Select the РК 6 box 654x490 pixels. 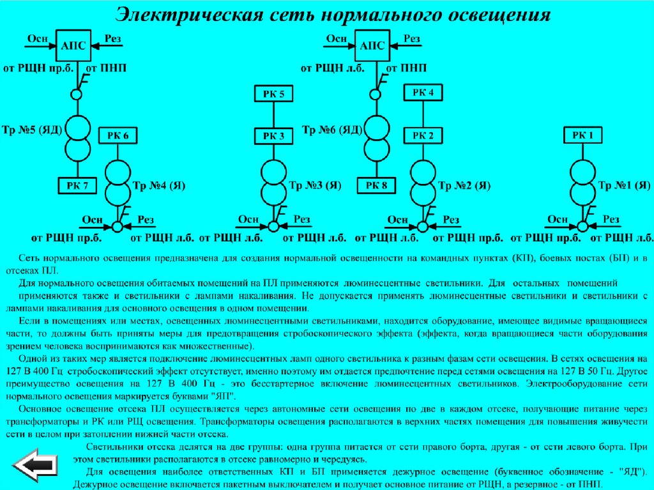coord(118,136)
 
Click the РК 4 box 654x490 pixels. coord(423,93)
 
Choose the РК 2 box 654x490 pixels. coord(423,135)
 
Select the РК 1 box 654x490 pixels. coord(582,135)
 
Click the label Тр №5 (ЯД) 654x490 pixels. coord(32,130)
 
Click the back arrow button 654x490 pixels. coord(36,464)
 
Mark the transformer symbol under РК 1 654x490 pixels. coord(582,183)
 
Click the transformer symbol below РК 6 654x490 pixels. coord(118,183)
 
